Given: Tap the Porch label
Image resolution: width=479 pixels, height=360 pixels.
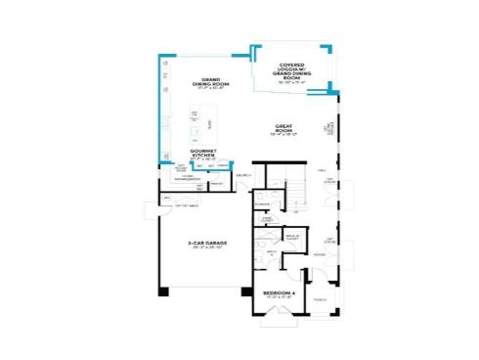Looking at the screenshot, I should coord(320,300).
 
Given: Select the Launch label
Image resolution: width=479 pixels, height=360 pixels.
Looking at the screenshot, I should coord(243,175).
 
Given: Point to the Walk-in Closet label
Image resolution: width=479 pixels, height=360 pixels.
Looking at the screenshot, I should coord(292,237).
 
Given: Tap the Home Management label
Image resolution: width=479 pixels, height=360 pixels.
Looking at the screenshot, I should coord(187,179).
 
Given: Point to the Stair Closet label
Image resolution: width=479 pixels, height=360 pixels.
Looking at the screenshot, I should coord(266,220).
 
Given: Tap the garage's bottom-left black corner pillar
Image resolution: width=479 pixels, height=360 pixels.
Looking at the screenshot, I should coord(162,291).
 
